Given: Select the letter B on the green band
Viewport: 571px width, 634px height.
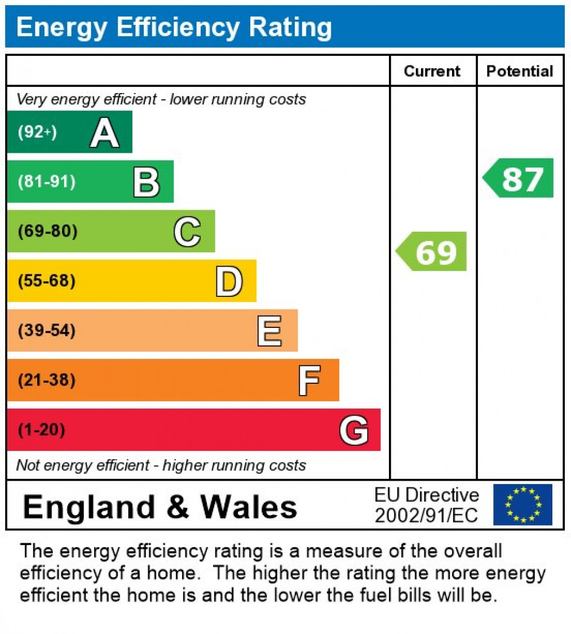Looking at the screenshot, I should (146, 183).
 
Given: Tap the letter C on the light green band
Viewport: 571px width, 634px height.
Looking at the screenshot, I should (187, 232).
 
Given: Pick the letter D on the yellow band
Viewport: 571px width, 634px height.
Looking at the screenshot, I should (229, 281).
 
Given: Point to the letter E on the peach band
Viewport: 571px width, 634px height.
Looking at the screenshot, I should (269, 331).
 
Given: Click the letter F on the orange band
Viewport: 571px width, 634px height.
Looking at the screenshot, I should (309, 380).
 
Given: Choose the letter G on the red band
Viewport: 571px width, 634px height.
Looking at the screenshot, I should (354, 431).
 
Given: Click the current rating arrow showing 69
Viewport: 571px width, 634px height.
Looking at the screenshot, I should (432, 251).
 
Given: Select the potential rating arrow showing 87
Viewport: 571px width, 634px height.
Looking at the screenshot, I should (519, 178).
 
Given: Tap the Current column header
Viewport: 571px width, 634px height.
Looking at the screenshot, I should (432, 71).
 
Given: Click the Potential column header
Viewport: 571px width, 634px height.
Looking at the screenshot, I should (520, 71).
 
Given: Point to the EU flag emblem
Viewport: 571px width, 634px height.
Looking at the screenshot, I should (523, 504).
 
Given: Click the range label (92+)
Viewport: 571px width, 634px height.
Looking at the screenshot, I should (38, 132).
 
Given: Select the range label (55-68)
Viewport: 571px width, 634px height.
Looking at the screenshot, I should (47, 281).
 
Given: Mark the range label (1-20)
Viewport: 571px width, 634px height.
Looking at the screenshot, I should (42, 430).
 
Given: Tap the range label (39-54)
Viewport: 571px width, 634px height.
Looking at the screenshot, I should (47, 330).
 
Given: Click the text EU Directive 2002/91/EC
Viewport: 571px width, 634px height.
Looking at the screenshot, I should (427, 505).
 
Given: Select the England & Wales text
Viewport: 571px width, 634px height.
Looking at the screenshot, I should (160, 506).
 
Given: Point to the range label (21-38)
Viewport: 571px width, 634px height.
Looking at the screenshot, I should (47, 380).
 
